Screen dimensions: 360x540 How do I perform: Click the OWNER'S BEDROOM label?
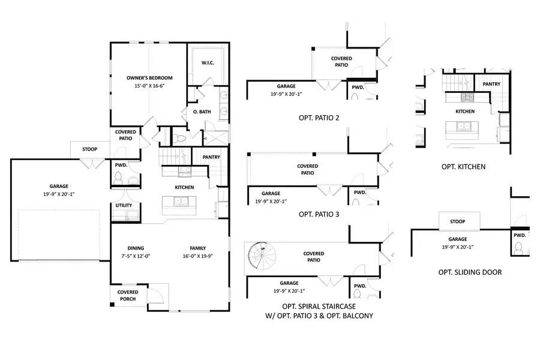149,78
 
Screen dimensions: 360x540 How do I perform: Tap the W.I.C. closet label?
208,63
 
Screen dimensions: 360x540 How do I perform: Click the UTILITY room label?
124,205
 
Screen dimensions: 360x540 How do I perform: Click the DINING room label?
136,248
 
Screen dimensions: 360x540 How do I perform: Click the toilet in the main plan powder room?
119,178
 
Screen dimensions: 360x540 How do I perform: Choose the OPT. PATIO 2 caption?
319,117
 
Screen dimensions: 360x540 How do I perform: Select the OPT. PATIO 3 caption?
319,214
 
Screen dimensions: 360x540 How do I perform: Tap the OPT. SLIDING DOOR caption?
470,272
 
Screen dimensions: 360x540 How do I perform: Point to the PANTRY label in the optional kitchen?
491,85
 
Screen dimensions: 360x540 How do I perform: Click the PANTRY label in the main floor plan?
211,157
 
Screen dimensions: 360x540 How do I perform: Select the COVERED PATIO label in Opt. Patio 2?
341,61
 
